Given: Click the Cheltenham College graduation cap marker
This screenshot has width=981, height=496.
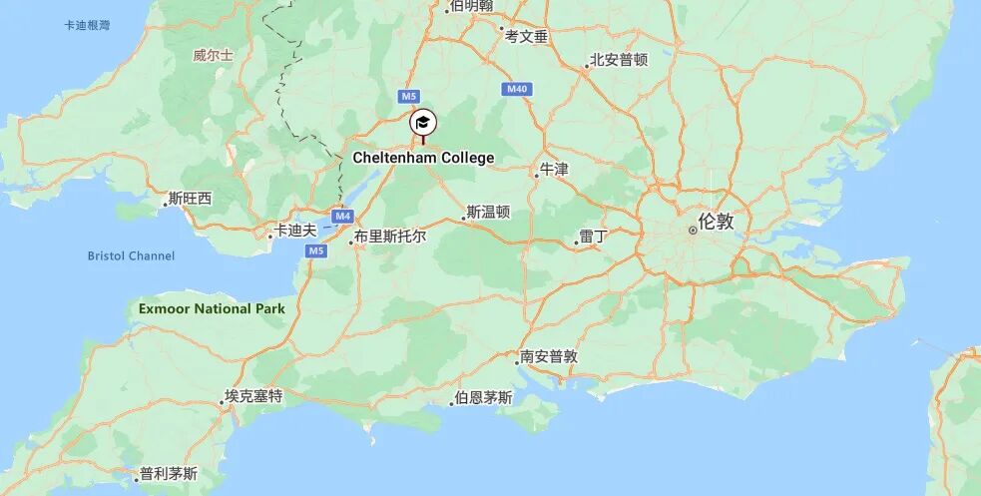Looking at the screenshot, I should tap(422, 123).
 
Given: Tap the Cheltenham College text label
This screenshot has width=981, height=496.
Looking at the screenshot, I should tap(423, 158).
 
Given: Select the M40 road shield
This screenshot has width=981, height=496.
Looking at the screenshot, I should tap(516, 90).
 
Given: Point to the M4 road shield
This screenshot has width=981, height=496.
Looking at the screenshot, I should tap(343, 216).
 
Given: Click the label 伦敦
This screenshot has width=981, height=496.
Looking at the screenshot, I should tap(716, 222).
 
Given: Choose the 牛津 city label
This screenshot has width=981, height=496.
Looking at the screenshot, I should tap(554, 170).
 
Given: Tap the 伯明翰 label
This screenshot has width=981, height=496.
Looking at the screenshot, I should tap(471, 6).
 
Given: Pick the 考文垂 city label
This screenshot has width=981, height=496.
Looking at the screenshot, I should tap(527, 36).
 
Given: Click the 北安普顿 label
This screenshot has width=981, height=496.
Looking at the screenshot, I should tap(619, 60).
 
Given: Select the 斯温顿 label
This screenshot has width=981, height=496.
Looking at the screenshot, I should tap(489, 212).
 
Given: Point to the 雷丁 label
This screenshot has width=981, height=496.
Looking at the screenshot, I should tap(594, 237).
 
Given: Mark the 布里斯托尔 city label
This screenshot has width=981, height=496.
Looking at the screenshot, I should tap(389, 237).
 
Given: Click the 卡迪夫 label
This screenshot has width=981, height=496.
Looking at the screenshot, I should tap(295, 231).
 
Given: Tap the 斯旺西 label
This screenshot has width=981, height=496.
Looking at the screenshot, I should tap(191, 199).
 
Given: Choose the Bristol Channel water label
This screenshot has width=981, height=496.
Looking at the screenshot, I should tap(131, 255).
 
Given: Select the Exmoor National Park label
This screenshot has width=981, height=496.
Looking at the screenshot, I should tap(212, 308).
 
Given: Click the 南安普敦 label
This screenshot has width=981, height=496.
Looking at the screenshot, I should tap(549, 356).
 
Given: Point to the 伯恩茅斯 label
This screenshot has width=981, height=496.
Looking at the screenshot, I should tap(483, 397).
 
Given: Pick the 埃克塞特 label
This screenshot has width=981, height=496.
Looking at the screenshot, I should tap(253, 396).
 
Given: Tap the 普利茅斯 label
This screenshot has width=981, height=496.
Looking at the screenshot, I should tap(169, 473).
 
